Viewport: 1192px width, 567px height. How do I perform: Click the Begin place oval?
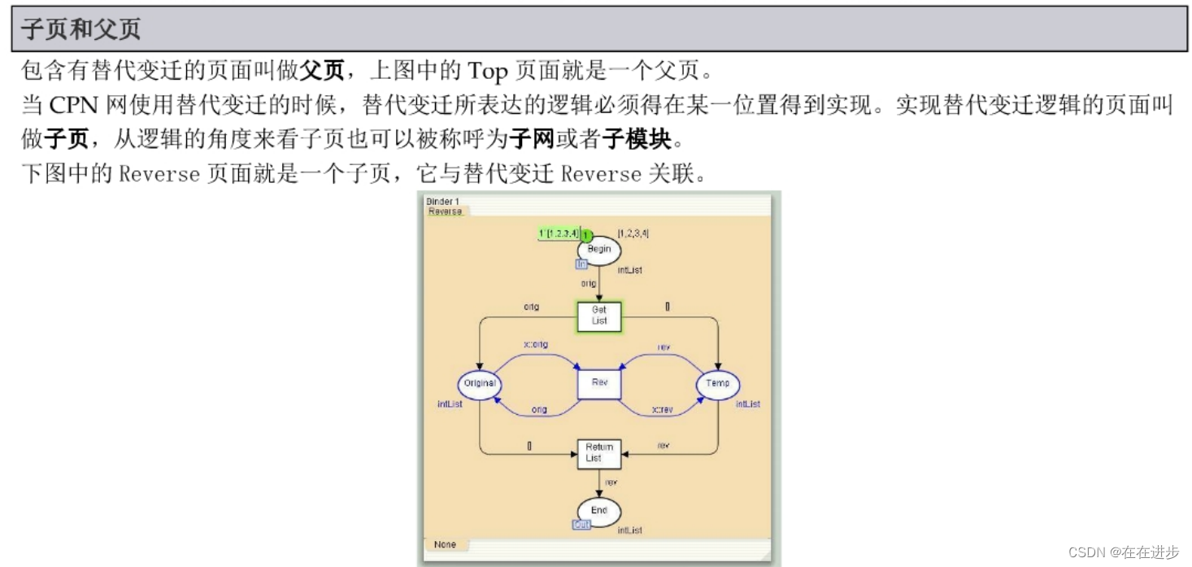(x=599, y=249)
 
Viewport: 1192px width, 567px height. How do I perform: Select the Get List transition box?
(x=599, y=316)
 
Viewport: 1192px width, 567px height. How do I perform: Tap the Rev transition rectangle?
(x=599, y=383)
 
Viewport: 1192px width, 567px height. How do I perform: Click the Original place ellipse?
(x=480, y=383)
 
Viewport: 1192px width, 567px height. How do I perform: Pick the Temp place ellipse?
(x=718, y=383)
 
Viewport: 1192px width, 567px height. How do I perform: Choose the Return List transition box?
(x=599, y=453)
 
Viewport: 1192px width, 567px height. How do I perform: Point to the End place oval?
(x=599, y=511)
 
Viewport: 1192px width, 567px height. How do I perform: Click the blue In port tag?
(x=581, y=264)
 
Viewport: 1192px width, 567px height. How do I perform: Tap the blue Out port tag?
(x=581, y=526)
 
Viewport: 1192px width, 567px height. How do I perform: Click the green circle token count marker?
(x=585, y=235)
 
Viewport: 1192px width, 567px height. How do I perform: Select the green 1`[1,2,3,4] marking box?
(x=559, y=233)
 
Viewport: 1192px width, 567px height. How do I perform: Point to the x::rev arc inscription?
(x=663, y=410)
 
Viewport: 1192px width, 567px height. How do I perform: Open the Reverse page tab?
(x=445, y=212)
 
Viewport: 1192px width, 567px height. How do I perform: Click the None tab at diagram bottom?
(x=445, y=544)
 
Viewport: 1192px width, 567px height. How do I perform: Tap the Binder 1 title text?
(x=442, y=201)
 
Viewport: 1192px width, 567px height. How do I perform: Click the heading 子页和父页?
(x=80, y=29)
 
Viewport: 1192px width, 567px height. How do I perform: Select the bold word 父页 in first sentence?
(x=322, y=71)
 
